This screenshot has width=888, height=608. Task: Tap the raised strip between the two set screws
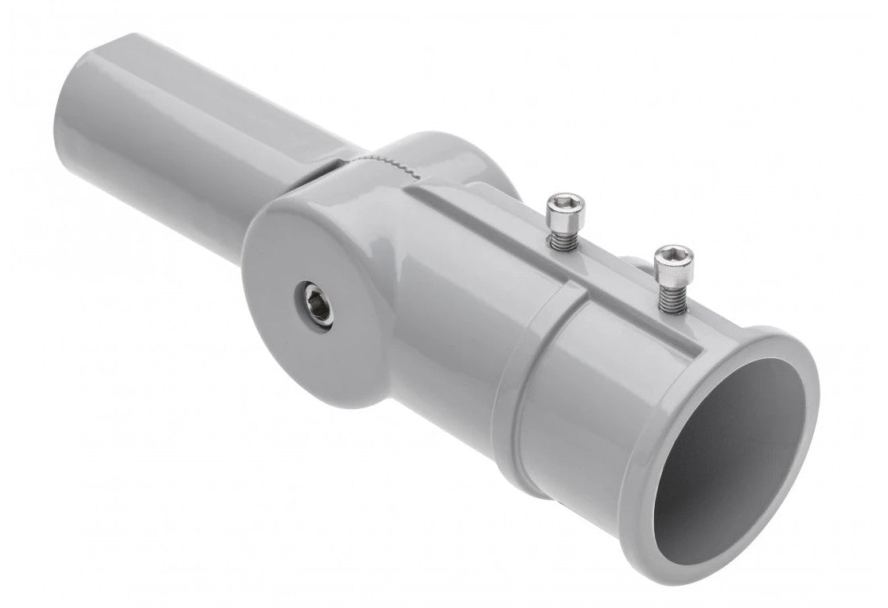tap(613, 263)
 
